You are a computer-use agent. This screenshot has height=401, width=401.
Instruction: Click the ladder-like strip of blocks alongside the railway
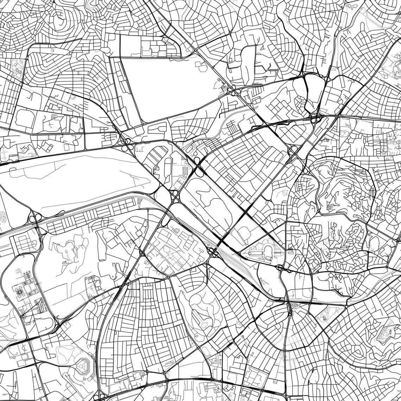click(x=88, y=218)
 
